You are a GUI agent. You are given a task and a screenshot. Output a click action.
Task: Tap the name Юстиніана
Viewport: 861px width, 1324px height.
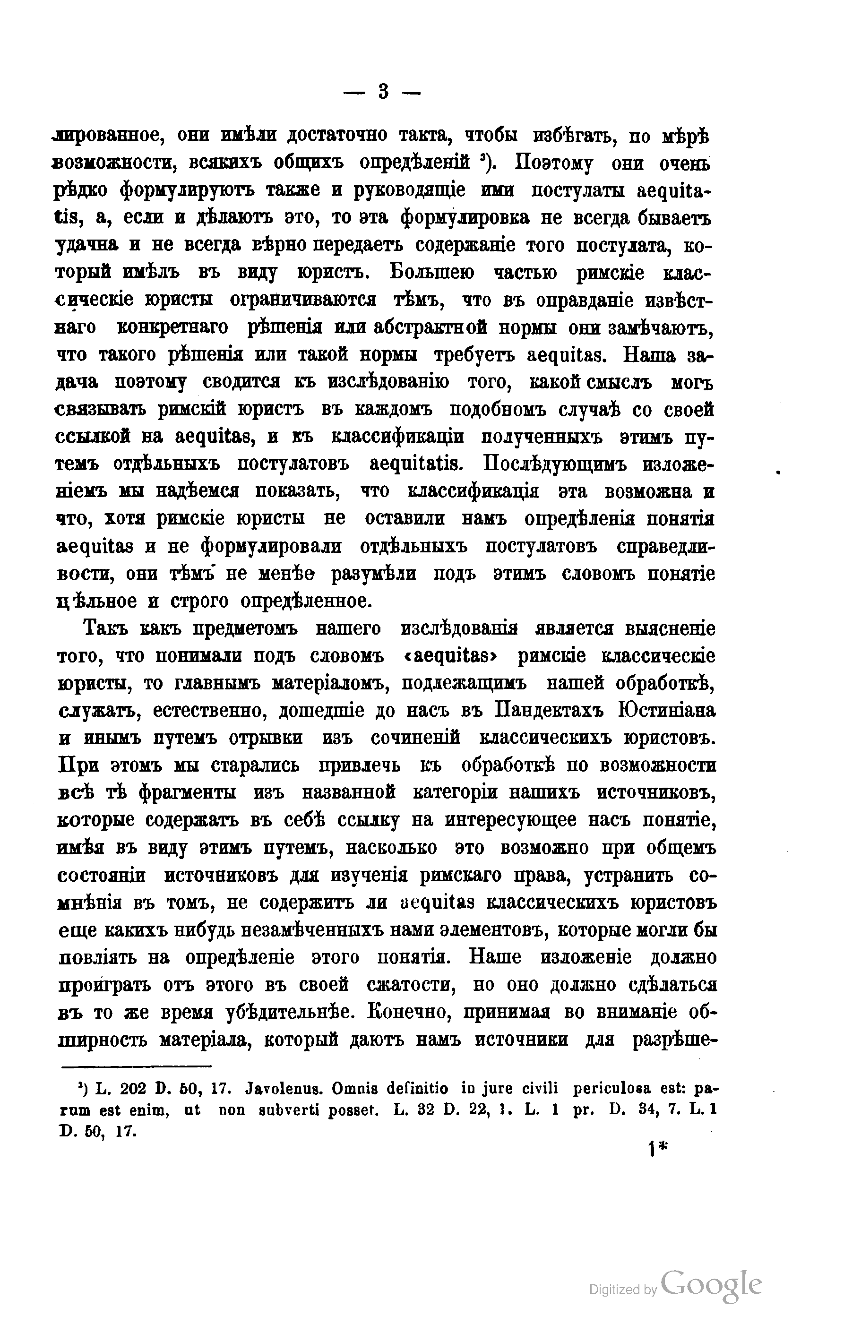[x=667, y=711]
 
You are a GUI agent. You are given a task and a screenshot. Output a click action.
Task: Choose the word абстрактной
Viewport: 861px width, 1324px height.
[x=430, y=327]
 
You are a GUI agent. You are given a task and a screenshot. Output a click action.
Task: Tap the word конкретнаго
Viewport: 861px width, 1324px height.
[x=173, y=327]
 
